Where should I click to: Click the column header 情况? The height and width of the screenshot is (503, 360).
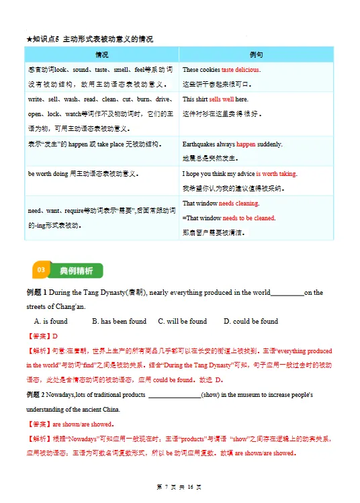101,54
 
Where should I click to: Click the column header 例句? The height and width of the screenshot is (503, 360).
256,54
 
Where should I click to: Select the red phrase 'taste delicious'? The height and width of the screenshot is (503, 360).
240,70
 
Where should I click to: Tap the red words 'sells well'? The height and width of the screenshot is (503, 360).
222,99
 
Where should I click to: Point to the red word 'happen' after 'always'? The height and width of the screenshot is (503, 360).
246,144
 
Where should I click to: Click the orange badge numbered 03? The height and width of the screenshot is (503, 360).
40,270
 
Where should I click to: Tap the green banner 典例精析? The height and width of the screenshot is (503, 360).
77,270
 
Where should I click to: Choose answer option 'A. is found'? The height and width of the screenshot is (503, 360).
51,321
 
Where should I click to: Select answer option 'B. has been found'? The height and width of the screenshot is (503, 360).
119,321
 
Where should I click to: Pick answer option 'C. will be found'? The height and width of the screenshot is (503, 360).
182,321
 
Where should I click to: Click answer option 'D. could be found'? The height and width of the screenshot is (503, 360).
251,321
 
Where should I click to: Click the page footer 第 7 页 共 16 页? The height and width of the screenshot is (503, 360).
179,486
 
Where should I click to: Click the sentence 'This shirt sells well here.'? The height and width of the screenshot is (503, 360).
215,99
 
